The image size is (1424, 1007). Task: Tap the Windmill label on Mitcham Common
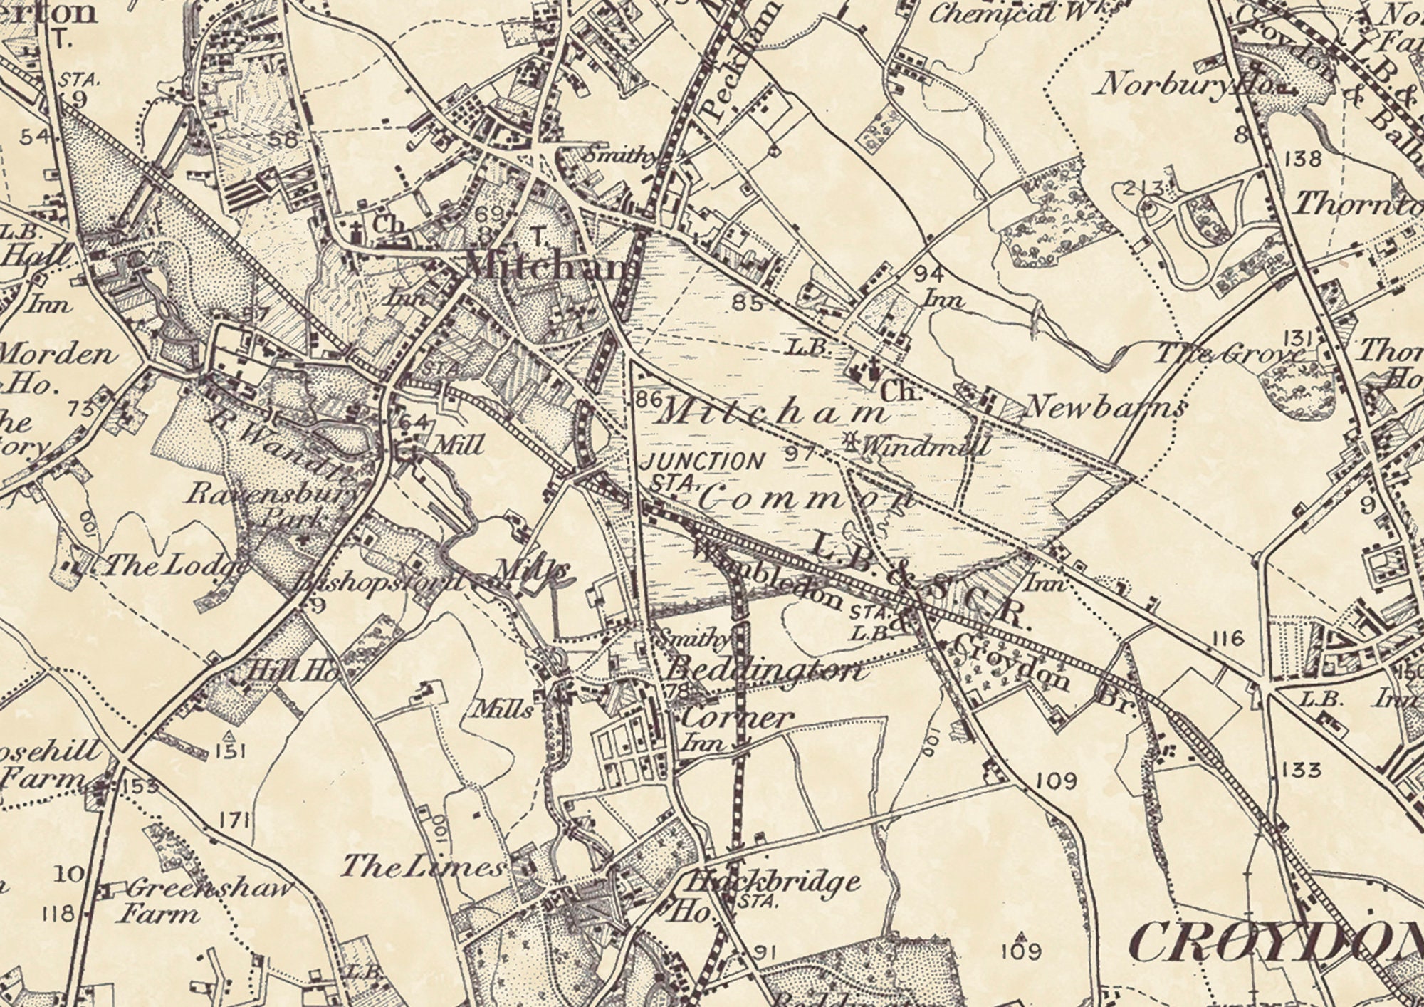click(x=926, y=447)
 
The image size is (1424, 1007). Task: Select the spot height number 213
click(x=1142, y=189)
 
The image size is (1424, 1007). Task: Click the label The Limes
click(x=424, y=867)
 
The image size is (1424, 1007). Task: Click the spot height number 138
click(x=1304, y=158)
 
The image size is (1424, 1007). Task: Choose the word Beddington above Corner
click(x=766, y=671)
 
